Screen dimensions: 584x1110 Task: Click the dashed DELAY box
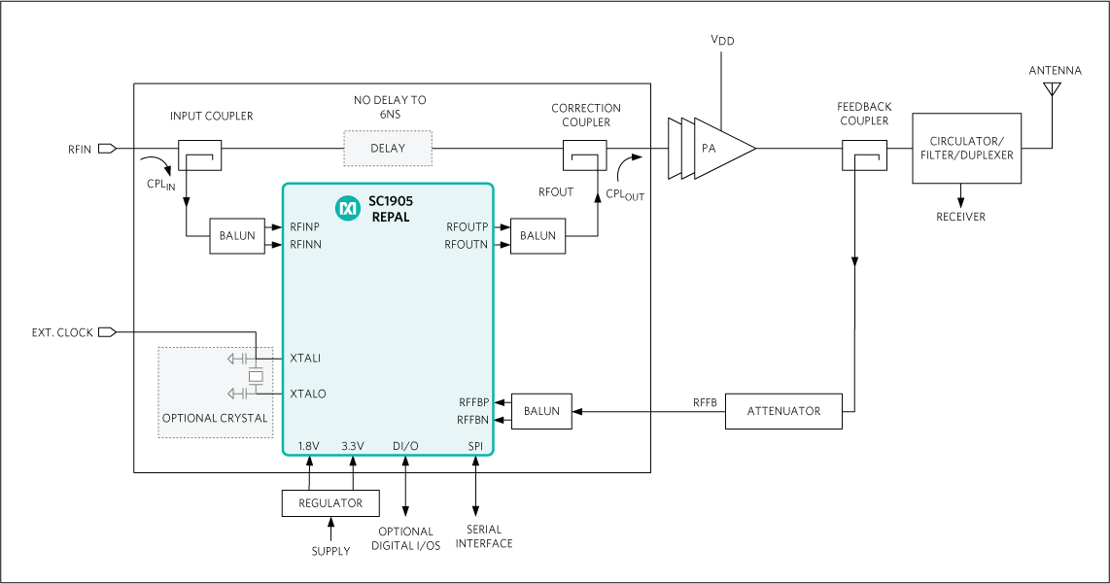point(388,148)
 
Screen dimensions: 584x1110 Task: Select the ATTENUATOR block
point(783,411)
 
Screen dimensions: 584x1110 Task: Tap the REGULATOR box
point(330,502)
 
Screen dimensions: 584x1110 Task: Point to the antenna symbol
point(1051,90)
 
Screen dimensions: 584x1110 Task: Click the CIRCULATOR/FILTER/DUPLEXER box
point(967,148)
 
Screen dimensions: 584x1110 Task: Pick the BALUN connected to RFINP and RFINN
point(237,236)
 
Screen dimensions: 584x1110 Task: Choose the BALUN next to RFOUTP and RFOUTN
point(538,236)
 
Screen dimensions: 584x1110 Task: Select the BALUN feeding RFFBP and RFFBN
point(541,411)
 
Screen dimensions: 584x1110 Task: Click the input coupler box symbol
point(200,155)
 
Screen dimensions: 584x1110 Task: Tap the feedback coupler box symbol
point(864,155)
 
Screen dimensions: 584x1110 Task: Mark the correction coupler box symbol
point(584,155)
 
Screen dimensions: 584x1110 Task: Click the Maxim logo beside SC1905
point(347,208)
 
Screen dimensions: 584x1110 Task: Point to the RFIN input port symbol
point(107,149)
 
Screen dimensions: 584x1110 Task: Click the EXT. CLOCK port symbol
point(107,332)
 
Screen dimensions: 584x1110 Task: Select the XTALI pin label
point(305,359)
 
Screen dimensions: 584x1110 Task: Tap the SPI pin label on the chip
point(474,445)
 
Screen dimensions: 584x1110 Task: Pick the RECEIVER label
point(960,217)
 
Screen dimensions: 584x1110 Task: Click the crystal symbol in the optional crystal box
point(256,376)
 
